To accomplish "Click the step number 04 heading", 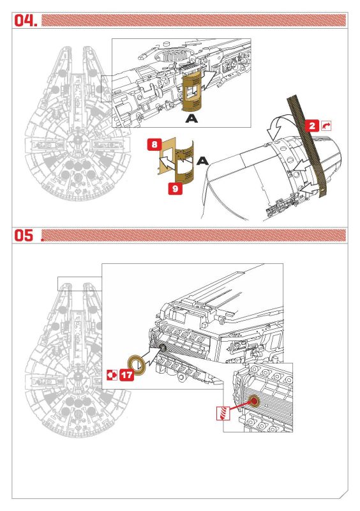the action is coord(26,20).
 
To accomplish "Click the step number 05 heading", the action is coord(24,235).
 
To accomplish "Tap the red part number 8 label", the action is coord(154,145).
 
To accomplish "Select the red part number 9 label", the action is coord(176,188).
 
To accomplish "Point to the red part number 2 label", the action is coord(312,126).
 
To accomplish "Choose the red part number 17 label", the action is coord(127,375).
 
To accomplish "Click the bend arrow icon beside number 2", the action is coord(326,126).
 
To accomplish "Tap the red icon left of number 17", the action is coord(112,375).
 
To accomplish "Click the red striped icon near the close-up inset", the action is coord(223,413).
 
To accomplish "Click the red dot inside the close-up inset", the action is coord(253,401).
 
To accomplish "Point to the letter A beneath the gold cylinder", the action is coord(191,119).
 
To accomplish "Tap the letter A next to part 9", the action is coord(202,161).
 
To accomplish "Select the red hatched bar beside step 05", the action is coord(194,235).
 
